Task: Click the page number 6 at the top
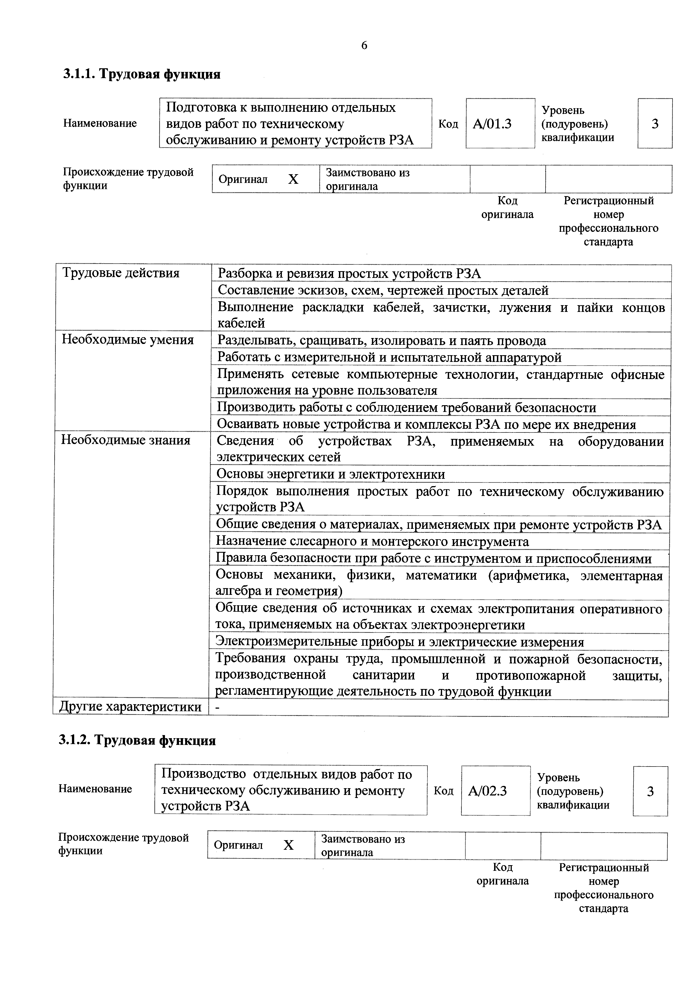[364, 46]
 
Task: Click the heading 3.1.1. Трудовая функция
[142, 74]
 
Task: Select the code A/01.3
[492, 124]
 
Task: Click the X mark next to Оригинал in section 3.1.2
[289, 845]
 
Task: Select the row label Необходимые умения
[128, 340]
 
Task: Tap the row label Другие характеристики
[130, 706]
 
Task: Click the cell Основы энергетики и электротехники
[331, 474]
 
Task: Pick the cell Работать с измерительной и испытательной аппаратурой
[389, 357]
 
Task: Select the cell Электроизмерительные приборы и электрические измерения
[399, 642]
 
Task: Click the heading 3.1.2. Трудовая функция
[137, 740]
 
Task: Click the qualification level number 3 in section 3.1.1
[655, 124]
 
